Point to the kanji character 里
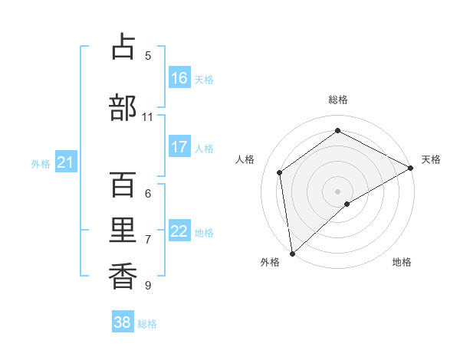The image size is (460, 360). pyautogui.click(x=123, y=232)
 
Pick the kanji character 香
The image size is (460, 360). pyautogui.click(x=123, y=275)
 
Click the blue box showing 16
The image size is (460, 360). pyautogui.click(x=179, y=78)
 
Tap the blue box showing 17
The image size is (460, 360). pyautogui.click(x=179, y=147)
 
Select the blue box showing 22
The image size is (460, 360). pyautogui.click(x=179, y=231)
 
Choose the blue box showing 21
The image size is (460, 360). pyautogui.click(x=65, y=162)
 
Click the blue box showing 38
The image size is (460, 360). pyautogui.click(x=123, y=322)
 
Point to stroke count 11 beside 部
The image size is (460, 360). pyautogui.click(x=147, y=117)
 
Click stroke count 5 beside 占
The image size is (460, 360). pyautogui.click(x=147, y=55)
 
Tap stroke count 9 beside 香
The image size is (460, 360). pyautogui.click(x=147, y=286)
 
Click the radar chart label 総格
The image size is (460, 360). pyautogui.click(x=337, y=100)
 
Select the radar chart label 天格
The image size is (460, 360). pyautogui.click(x=431, y=159)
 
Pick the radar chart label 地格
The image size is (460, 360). pyautogui.click(x=402, y=262)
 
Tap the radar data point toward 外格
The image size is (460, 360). pyautogui.click(x=291, y=254)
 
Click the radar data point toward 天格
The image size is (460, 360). pyautogui.click(x=412, y=167)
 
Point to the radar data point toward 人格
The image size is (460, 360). pyautogui.click(x=280, y=172)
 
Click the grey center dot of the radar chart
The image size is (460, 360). pyautogui.click(x=337, y=191)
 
